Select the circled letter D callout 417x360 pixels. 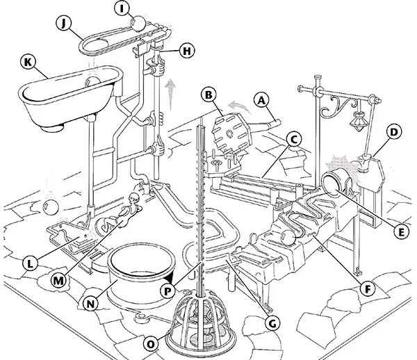click(x=394, y=131)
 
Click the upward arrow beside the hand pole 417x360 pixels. click(x=172, y=90)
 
